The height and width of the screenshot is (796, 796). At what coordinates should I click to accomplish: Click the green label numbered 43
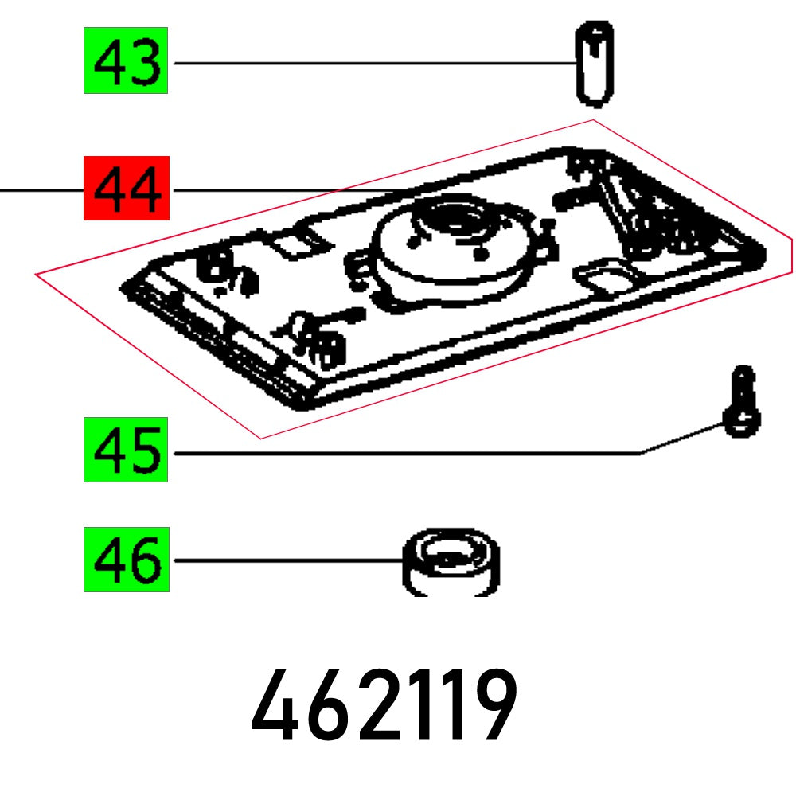tap(126, 61)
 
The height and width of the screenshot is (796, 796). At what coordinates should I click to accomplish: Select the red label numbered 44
tap(126, 189)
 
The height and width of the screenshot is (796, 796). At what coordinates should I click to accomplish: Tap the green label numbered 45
tap(126, 450)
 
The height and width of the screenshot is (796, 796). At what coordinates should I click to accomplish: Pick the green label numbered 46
tap(126, 560)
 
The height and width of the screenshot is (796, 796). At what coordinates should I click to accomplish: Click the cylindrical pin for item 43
tap(594, 64)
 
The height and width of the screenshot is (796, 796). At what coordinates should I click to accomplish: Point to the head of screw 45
tap(742, 423)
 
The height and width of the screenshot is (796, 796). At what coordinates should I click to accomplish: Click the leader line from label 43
tap(374, 63)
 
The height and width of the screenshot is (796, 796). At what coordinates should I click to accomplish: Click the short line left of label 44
tap(40, 190)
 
